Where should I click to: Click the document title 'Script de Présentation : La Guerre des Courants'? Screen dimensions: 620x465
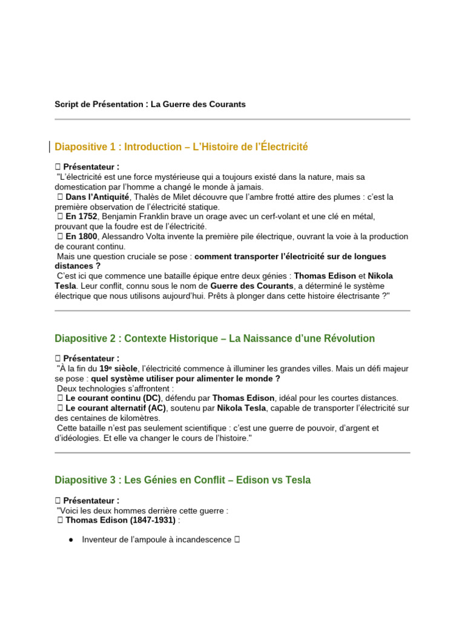(150, 104)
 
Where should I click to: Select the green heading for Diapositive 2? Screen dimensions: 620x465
(214, 338)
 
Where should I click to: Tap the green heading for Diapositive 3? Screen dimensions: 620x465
(182, 480)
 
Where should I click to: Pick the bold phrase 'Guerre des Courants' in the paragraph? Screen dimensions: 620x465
(251, 285)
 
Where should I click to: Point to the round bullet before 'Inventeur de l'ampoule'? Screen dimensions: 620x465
(71, 539)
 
